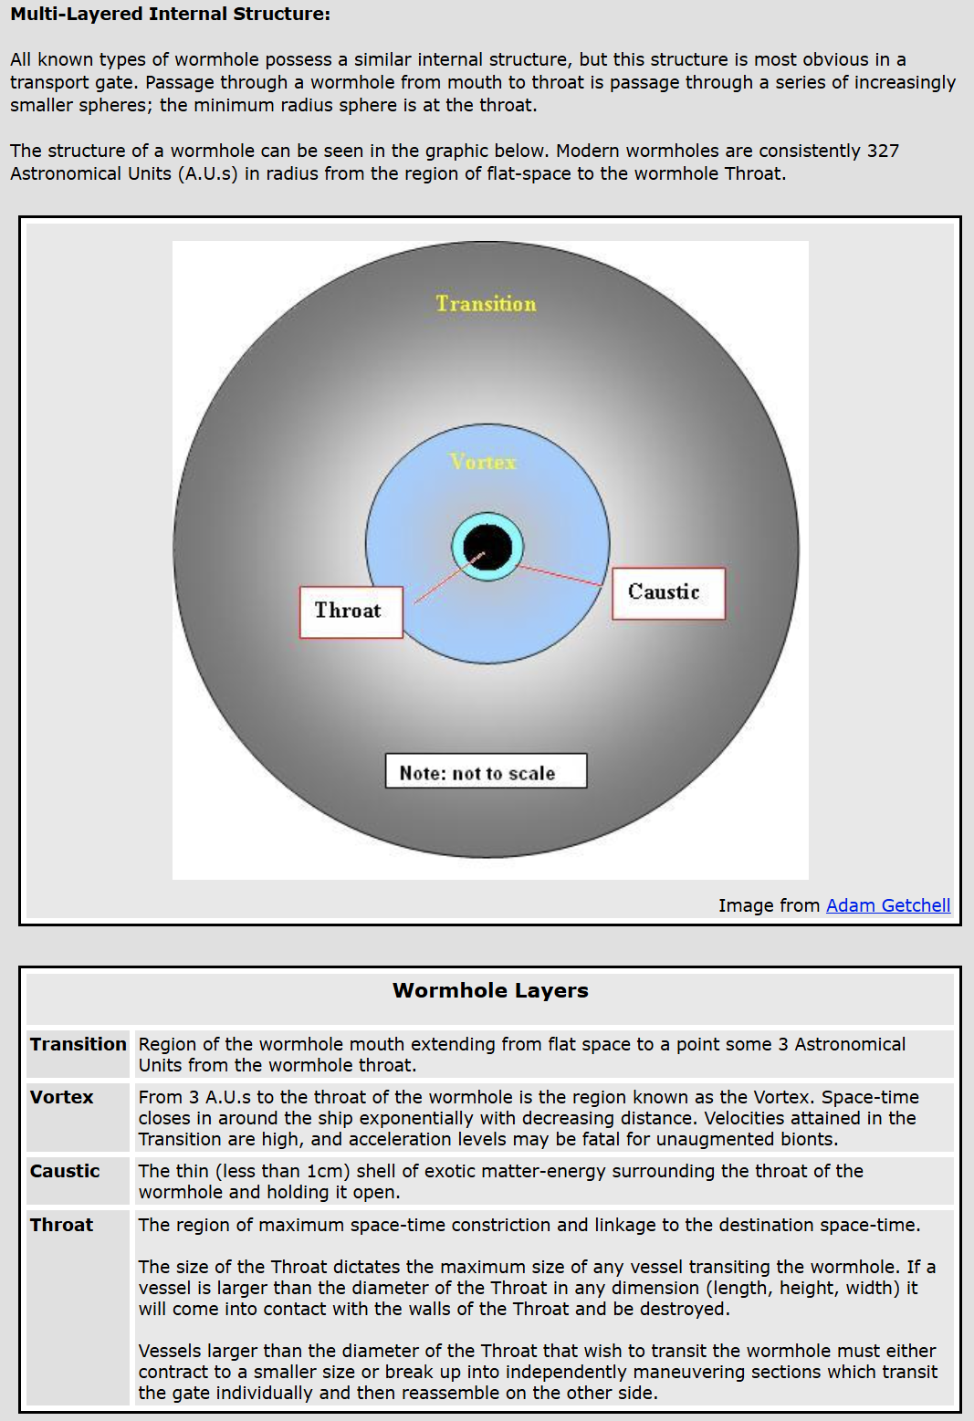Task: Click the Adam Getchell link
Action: point(887,905)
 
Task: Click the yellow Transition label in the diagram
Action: point(486,304)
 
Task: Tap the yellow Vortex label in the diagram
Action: point(483,463)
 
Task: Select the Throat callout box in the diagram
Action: point(351,611)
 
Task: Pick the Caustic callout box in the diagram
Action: point(667,593)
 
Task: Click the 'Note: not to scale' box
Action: point(486,771)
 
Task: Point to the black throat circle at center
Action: point(487,546)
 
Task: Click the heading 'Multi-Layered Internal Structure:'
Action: point(171,15)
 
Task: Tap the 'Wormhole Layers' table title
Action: point(490,990)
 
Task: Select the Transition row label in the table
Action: point(78,1044)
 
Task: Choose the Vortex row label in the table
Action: point(61,1097)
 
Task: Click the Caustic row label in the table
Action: point(65,1171)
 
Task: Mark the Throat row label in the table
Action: point(61,1225)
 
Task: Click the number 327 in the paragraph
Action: point(883,151)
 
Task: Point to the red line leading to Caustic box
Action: point(561,575)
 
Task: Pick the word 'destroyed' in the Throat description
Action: point(684,1309)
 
